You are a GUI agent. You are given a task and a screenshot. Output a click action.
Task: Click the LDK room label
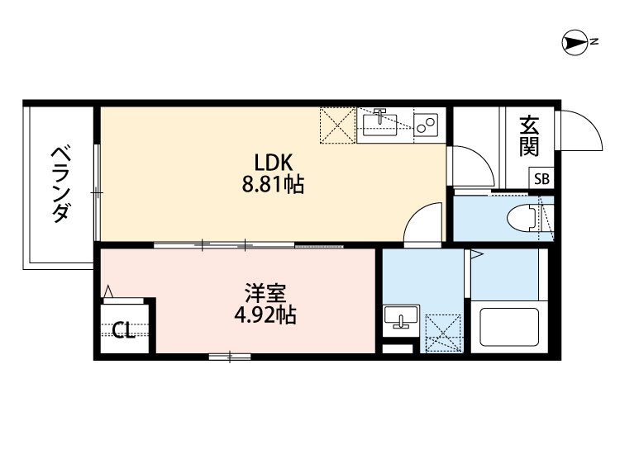coord(273,163)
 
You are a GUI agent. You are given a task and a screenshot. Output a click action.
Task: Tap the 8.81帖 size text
coord(273,184)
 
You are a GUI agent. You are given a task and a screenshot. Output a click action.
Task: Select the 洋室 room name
coord(265,293)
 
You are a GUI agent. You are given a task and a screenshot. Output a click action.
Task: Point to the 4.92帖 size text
coord(265,315)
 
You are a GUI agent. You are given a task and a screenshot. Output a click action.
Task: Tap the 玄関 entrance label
coord(529,135)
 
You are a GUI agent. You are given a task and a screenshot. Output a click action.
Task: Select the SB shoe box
coord(541,178)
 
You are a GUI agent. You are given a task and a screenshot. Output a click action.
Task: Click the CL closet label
coord(123,330)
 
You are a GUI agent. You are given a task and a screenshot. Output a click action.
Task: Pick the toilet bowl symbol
coord(522,218)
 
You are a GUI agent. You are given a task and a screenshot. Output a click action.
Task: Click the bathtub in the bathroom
coord(509,327)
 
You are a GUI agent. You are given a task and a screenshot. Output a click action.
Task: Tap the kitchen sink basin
coord(379,125)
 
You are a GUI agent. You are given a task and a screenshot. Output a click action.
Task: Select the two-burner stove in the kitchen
coord(426,125)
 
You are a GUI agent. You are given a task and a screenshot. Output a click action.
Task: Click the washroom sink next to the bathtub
coord(401,317)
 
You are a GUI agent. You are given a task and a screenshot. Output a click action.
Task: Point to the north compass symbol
coord(575,42)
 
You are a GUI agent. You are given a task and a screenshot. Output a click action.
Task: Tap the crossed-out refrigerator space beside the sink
coord(337,125)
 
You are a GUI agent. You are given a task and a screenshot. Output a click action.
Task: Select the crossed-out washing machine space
coord(443,333)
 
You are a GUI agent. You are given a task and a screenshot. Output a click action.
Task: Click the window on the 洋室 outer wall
coord(230,357)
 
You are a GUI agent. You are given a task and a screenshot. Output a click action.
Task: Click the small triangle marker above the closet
coord(108,292)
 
